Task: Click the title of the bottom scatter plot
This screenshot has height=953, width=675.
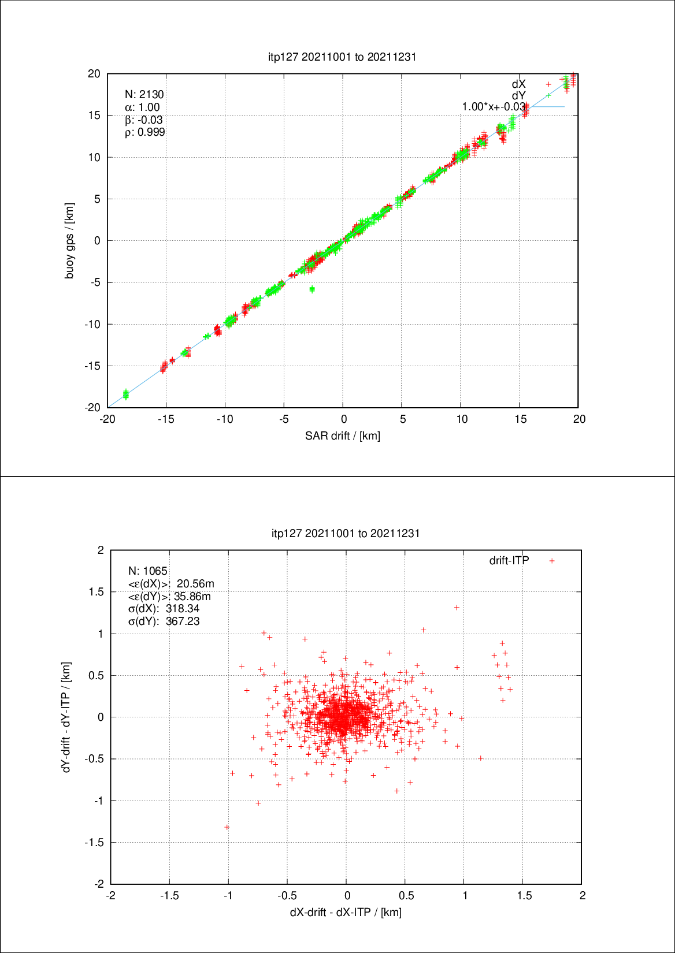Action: pyautogui.click(x=346, y=533)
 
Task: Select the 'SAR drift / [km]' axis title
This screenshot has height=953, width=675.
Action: pyautogui.click(x=343, y=435)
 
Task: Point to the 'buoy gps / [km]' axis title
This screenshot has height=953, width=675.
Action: pyautogui.click(x=69, y=241)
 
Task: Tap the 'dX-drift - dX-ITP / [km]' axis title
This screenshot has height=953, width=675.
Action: pyautogui.click(x=346, y=912)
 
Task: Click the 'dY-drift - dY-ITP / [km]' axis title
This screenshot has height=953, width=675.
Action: pyautogui.click(x=67, y=717)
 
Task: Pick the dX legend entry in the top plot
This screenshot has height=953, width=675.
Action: pyautogui.click(x=518, y=84)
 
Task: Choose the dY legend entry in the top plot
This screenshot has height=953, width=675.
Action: pyautogui.click(x=518, y=96)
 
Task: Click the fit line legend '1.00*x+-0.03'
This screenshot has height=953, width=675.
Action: pyautogui.click(x=494, y=107)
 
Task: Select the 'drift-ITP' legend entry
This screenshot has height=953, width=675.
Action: pyautogui.click(x=509, y=561)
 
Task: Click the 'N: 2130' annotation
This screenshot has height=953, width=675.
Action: pyautogui.click(x=144, y=95)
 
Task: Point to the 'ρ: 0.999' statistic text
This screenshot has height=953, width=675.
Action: pyautogui.click(x=145, y=132)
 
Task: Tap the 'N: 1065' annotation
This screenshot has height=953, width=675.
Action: pyautogui.click(x=148, y=571)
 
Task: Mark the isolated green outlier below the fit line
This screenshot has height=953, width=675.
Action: pyautogui.click(x=312, y=289)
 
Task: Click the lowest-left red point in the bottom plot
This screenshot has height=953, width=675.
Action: pyautogui.click(x=227, y=827)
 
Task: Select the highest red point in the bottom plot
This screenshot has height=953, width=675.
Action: pyautogui.click(x=457, y=608)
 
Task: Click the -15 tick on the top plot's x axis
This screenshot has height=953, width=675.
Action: pyautogui.click(x=166, y=419)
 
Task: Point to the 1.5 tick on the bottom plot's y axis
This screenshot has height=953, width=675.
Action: pyautogui.click(x=97, y=592)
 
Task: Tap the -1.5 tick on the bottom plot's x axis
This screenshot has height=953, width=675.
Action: pyautogui.click(x=169, y=896)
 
